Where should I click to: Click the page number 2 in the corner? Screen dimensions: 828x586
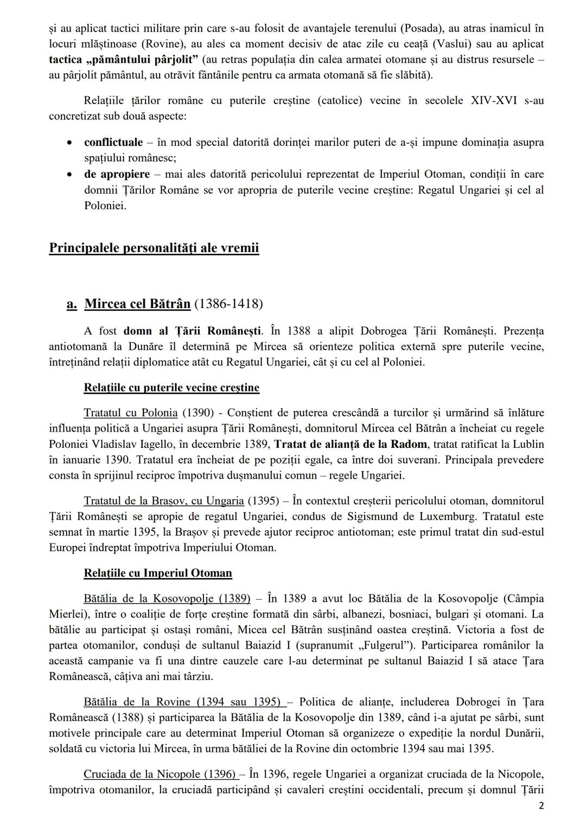pos(540,806)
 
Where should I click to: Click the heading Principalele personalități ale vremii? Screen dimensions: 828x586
pos(154,248)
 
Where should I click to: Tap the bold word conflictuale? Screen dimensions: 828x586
pos(113,143)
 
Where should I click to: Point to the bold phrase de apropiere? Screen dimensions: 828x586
pos(117,175)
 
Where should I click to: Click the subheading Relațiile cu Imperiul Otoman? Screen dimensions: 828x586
pos(158,573)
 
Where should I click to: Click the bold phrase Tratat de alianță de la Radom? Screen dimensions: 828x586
pos(351,445)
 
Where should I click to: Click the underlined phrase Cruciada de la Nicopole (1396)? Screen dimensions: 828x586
pos(160,774)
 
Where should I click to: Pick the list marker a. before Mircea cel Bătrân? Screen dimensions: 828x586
pos(72,304)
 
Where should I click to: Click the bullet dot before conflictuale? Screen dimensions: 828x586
pos(69,143)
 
